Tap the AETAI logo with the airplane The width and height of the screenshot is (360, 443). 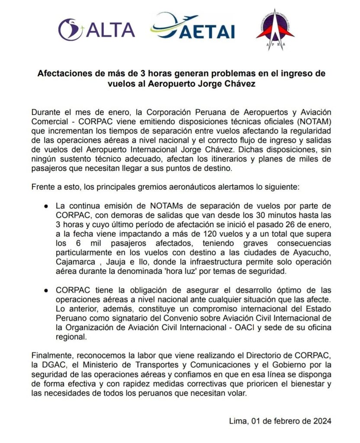(x=193, y=28)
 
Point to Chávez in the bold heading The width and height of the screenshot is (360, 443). (x=238, y=84)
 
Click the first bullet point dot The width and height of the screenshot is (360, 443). (x=46, y=205)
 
